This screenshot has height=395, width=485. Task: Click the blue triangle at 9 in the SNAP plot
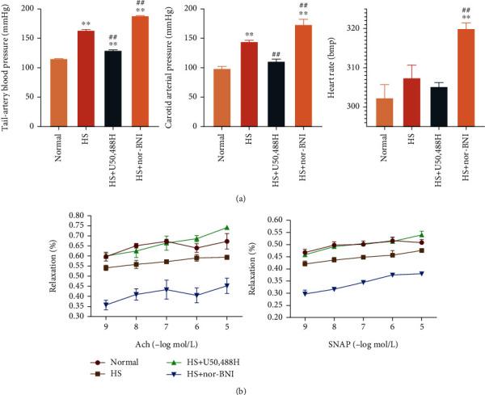point(304,293)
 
